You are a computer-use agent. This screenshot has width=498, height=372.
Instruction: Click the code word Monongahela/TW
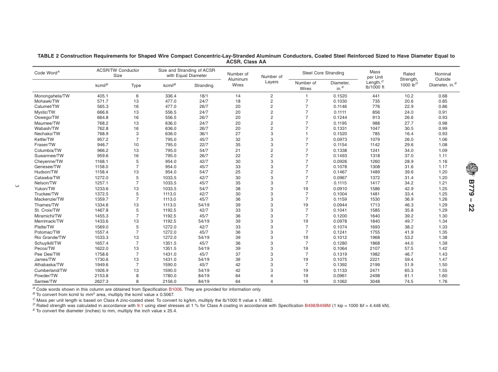(52, 96)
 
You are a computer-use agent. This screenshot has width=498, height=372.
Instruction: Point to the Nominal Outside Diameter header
(443, 79)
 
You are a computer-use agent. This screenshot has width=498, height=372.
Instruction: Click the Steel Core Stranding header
(323, 73)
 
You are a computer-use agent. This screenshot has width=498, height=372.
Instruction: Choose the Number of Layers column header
(272, 79)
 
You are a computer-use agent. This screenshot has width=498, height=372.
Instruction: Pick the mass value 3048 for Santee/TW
(375, 281)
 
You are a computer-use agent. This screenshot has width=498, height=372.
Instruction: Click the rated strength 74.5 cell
(409, 281)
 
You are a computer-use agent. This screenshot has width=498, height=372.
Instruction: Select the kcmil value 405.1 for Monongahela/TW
(103, 96)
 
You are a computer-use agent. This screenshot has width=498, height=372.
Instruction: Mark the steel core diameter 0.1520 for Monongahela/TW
(340, 96)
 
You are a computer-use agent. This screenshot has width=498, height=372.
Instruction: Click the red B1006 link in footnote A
(176, 289)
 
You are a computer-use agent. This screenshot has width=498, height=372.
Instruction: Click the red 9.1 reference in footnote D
(140, 304)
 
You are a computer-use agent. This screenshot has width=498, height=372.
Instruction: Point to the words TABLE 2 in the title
(49, 56)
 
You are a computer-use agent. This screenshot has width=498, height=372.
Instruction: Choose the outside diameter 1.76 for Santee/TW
(443, 281)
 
